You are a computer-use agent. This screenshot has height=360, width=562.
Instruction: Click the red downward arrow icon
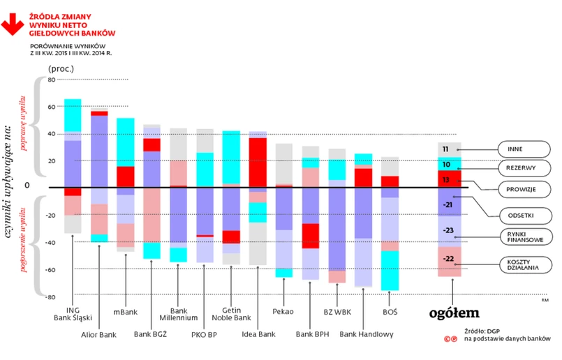(x=12, y=22)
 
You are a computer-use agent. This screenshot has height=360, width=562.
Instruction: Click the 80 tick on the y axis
(x=51, y=80)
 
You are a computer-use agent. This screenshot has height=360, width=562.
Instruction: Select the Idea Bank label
(x=258, y=334)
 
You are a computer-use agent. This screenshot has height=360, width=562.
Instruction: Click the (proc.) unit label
(x=61, y=68)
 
